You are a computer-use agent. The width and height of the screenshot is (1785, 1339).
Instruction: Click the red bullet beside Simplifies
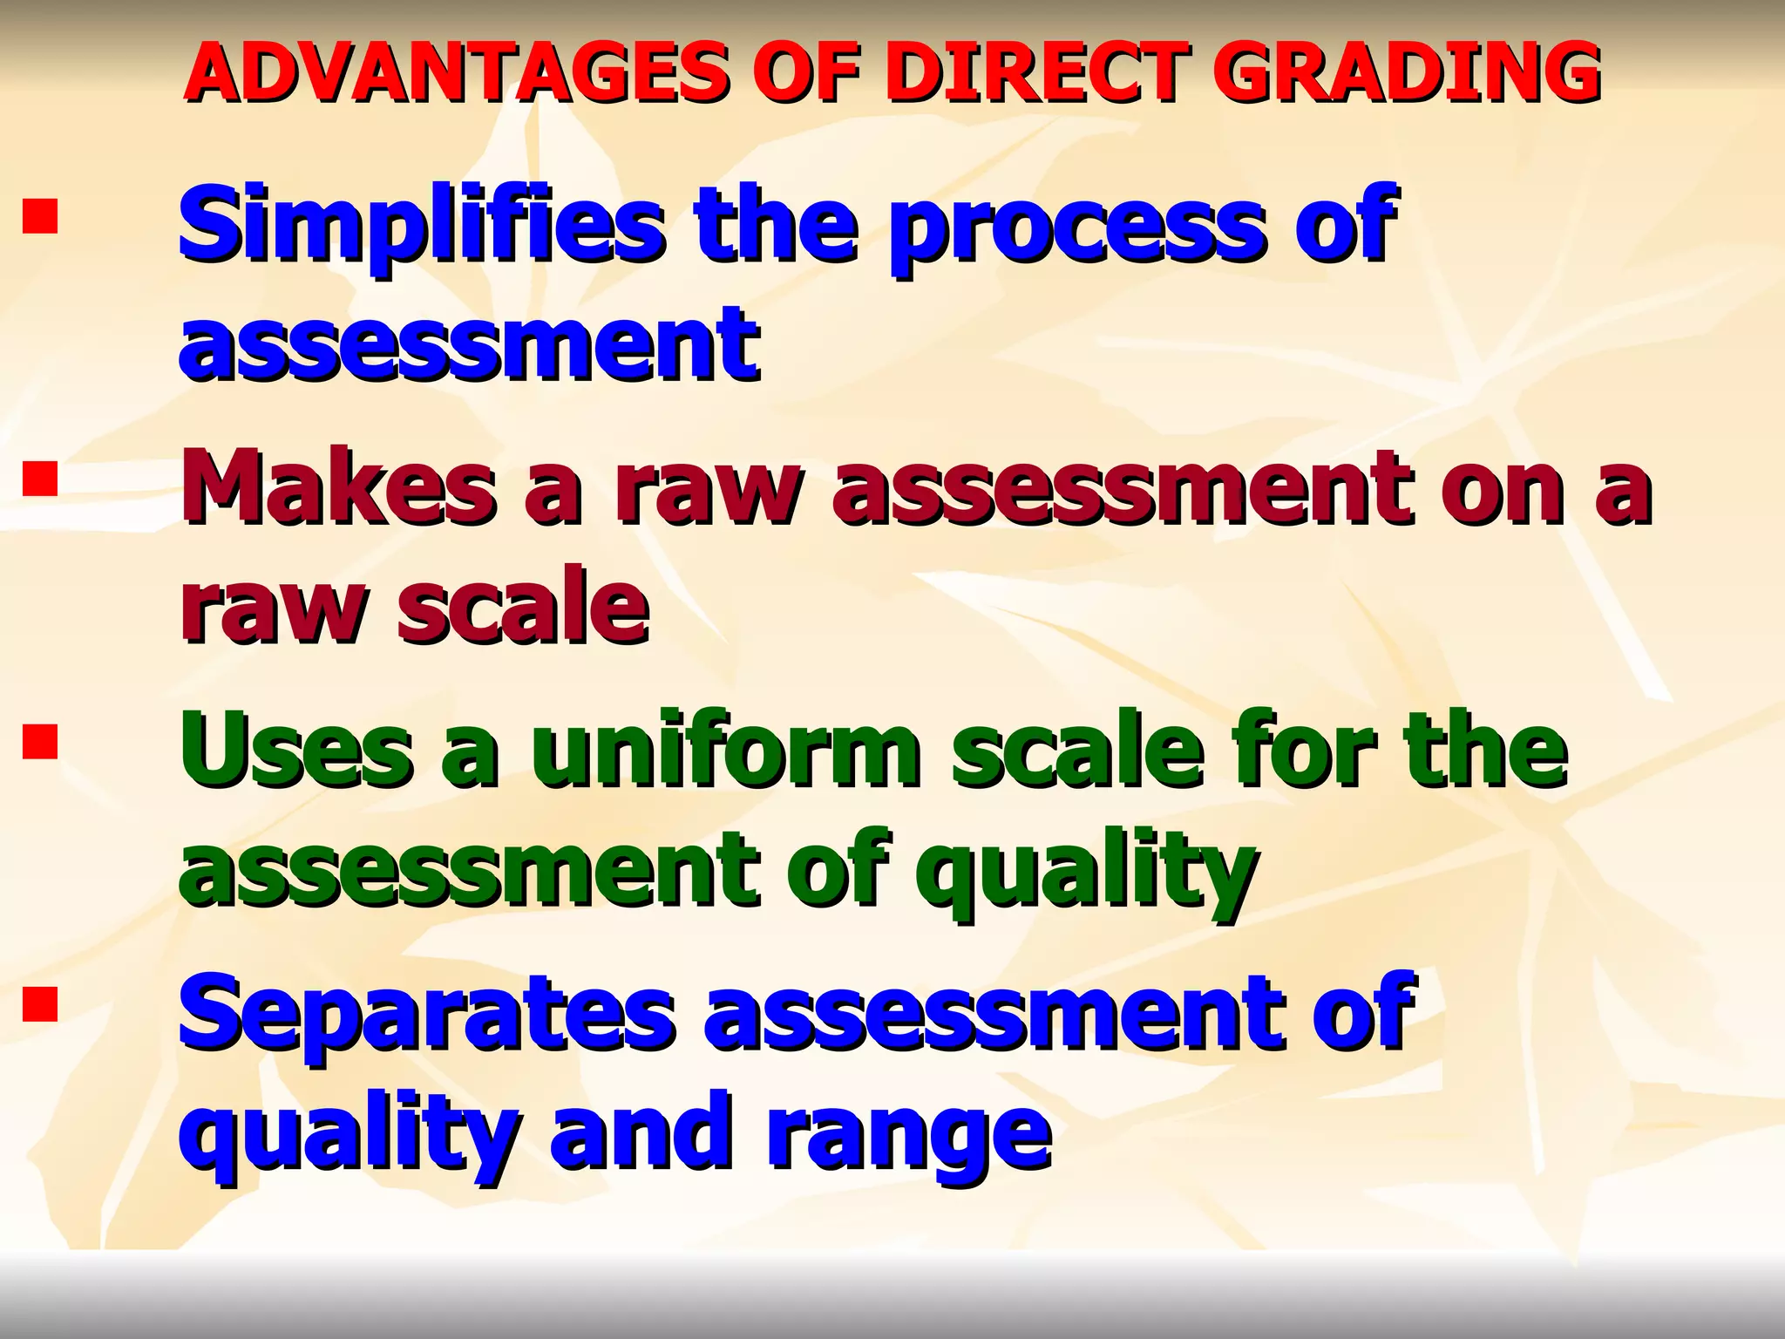[40, 217]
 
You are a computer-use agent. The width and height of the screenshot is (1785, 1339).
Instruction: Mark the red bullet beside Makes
[40, 479]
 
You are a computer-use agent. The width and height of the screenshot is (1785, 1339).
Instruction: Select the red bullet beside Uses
[40, 743]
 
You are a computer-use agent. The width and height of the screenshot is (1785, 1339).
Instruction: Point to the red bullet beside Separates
[40, 1004]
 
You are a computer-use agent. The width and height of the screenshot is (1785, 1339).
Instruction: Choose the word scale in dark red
[523, 606]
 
